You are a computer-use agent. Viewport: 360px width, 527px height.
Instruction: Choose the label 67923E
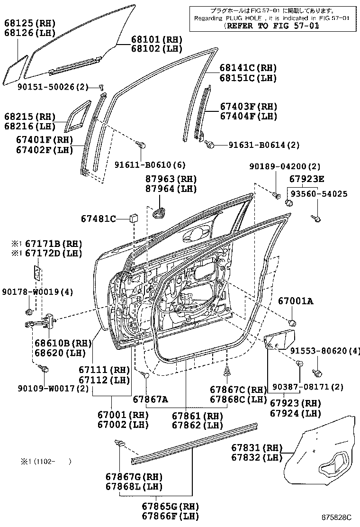307,179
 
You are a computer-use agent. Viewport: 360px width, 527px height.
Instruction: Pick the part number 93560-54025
318,194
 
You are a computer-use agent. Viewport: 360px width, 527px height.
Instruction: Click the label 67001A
295,301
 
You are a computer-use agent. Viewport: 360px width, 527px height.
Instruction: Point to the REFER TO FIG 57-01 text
272,26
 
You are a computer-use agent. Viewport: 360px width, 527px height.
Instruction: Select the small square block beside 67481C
134,218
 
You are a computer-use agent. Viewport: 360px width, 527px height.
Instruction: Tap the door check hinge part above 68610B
42,324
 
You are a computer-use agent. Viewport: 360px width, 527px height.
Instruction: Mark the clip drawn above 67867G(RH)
119,444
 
